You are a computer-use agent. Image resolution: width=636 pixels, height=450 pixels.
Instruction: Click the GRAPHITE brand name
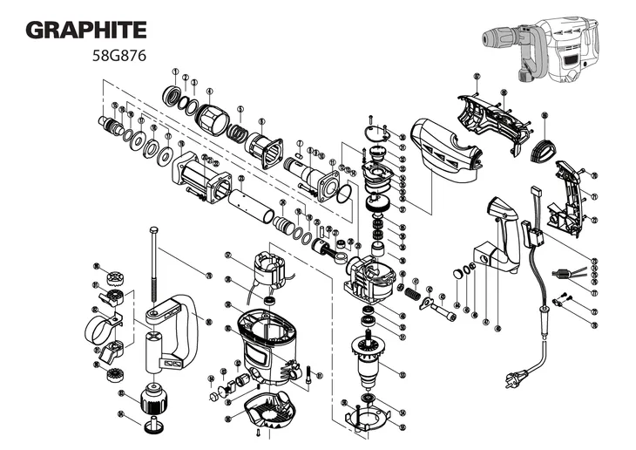[x=85, y=30]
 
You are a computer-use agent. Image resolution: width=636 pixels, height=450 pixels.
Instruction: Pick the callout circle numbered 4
[x=209, y=90]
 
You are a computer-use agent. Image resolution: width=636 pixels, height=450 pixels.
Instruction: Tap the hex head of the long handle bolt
[x=153, y=230]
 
